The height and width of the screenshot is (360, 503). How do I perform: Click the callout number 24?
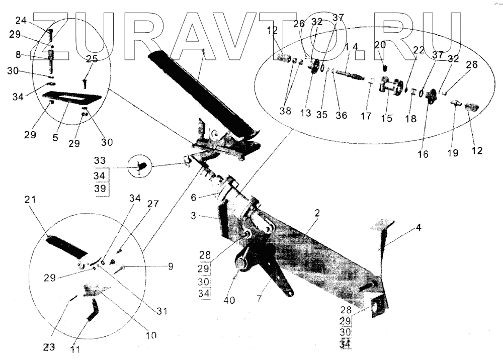click(21, 21)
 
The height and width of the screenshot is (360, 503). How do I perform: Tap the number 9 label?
click(171, 265)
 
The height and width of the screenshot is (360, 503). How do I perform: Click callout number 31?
click(160, 311)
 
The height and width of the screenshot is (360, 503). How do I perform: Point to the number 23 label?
click(48, 346)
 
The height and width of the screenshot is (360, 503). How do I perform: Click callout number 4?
click(418, 227)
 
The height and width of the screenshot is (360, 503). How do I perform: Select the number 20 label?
click(380, 45)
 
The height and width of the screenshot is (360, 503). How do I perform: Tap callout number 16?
click(423, 154)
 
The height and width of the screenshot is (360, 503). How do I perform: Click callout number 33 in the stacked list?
click(100, 161)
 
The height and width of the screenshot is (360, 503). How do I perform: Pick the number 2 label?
click(317, 213)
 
